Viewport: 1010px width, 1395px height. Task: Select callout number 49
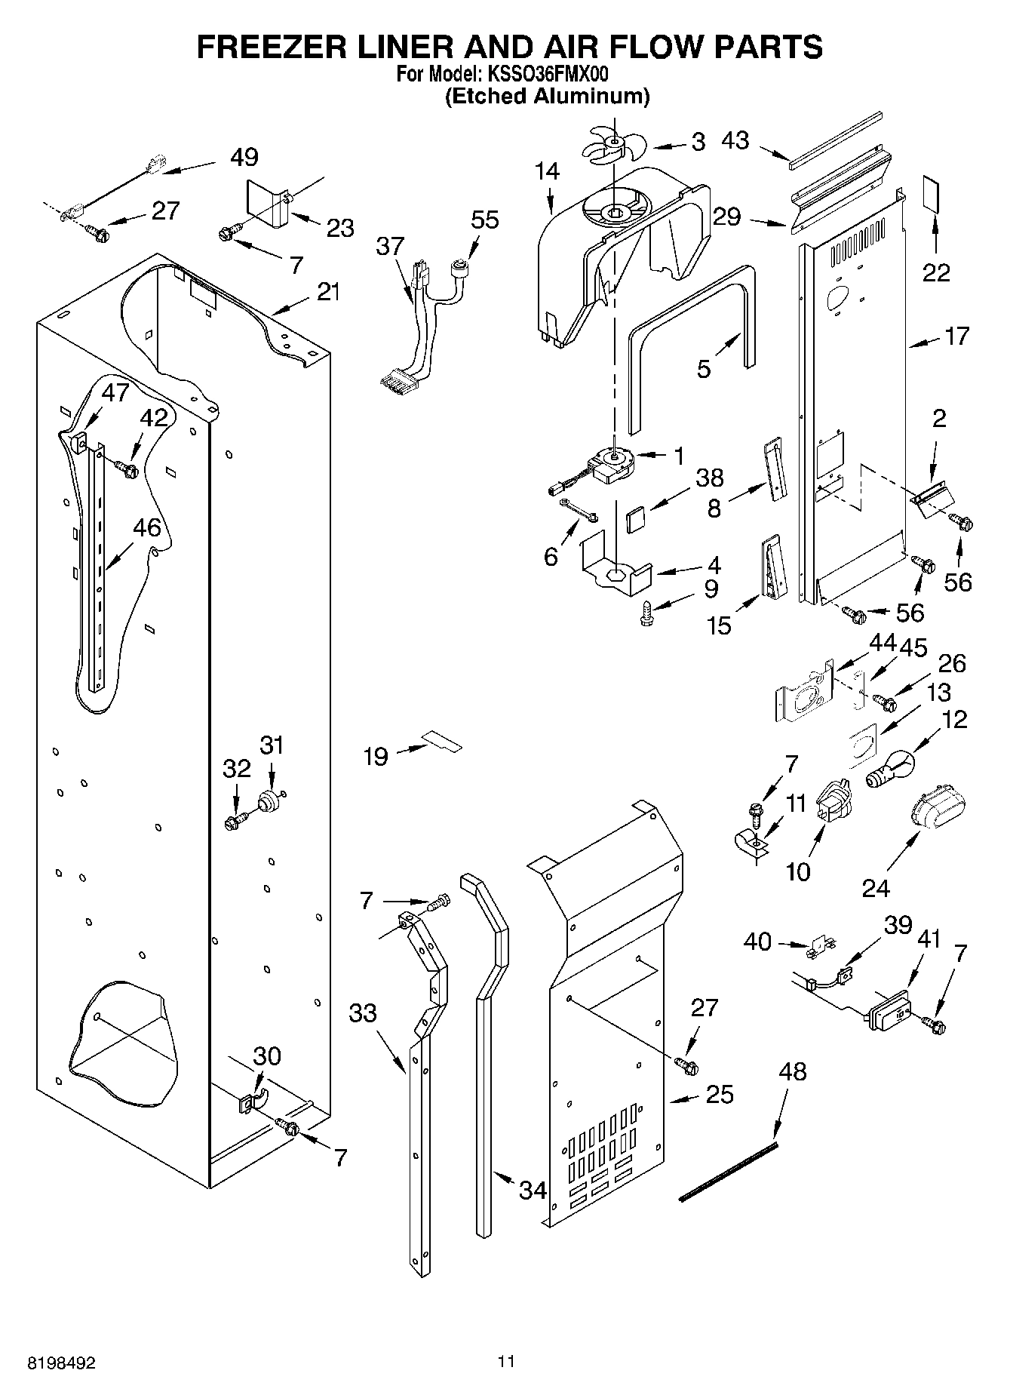click(244, 157)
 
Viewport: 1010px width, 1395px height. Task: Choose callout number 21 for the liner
click(328, 292)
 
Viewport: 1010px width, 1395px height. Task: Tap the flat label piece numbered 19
click(441, 742)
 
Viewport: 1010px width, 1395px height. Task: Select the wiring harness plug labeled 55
click(457, 269)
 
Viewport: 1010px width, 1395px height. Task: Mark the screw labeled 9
click(646, 613)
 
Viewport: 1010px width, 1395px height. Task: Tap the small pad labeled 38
click(636, 520)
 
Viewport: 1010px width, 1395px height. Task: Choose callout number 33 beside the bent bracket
click(363, 1012)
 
